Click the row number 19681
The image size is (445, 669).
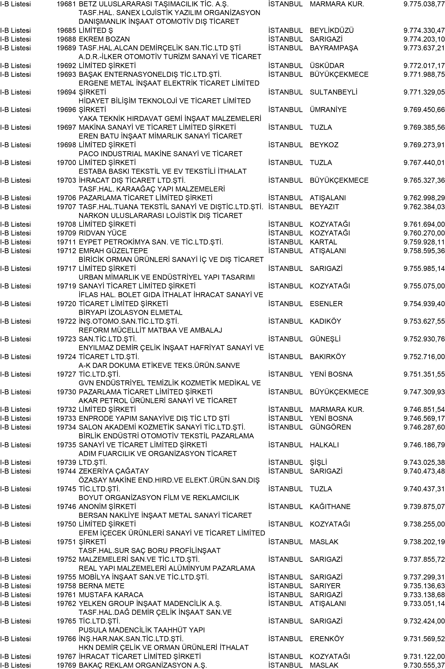pos(66,4)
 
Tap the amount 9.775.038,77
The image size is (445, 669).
pos(424,4)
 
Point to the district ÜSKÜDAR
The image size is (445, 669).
pos(327,65)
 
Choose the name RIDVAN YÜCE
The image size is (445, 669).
pos(102,233)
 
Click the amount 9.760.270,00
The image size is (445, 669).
pos(424,233)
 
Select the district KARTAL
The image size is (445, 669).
pos(323,242)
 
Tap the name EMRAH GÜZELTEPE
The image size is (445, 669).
pos(113,251)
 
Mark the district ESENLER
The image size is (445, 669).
pos(326,304)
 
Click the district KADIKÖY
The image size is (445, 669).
pos(325,321)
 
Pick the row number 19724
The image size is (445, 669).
pos(66,356)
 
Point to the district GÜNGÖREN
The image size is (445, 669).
pos(330,427)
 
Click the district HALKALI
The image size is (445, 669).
pos(324,445)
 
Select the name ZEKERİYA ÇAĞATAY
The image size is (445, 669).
pos(113,471)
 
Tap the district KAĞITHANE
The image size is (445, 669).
pos(330,506)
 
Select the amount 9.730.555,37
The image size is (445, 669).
pos(424,665)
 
